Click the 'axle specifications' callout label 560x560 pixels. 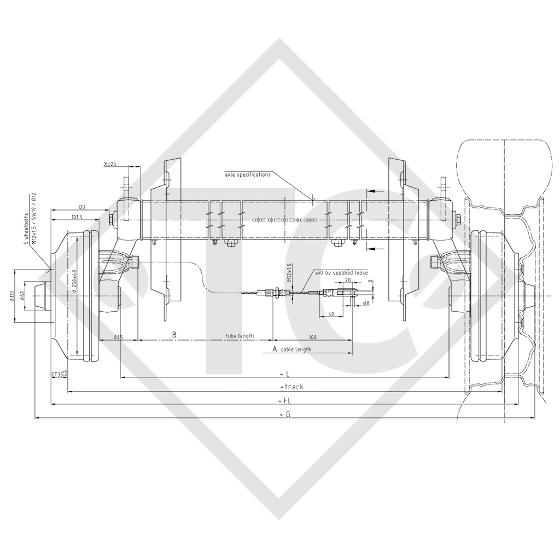(248, 174)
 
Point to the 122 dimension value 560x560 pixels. (81, 207)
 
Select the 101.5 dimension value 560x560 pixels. (77, 217)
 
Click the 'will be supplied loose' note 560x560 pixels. (341, 272)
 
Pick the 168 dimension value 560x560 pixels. (313, 336)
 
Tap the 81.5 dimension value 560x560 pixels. (119, 336)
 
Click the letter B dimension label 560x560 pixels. (174, 334)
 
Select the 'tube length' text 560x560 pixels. (240, 336)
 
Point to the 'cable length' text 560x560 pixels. (296, 349)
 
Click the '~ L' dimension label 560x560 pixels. (284, 373)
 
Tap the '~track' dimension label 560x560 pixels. (290, 387)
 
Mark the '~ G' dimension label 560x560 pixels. (284, 415)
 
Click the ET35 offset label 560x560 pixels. (59, 375)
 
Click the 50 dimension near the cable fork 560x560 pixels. (331, 314)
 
